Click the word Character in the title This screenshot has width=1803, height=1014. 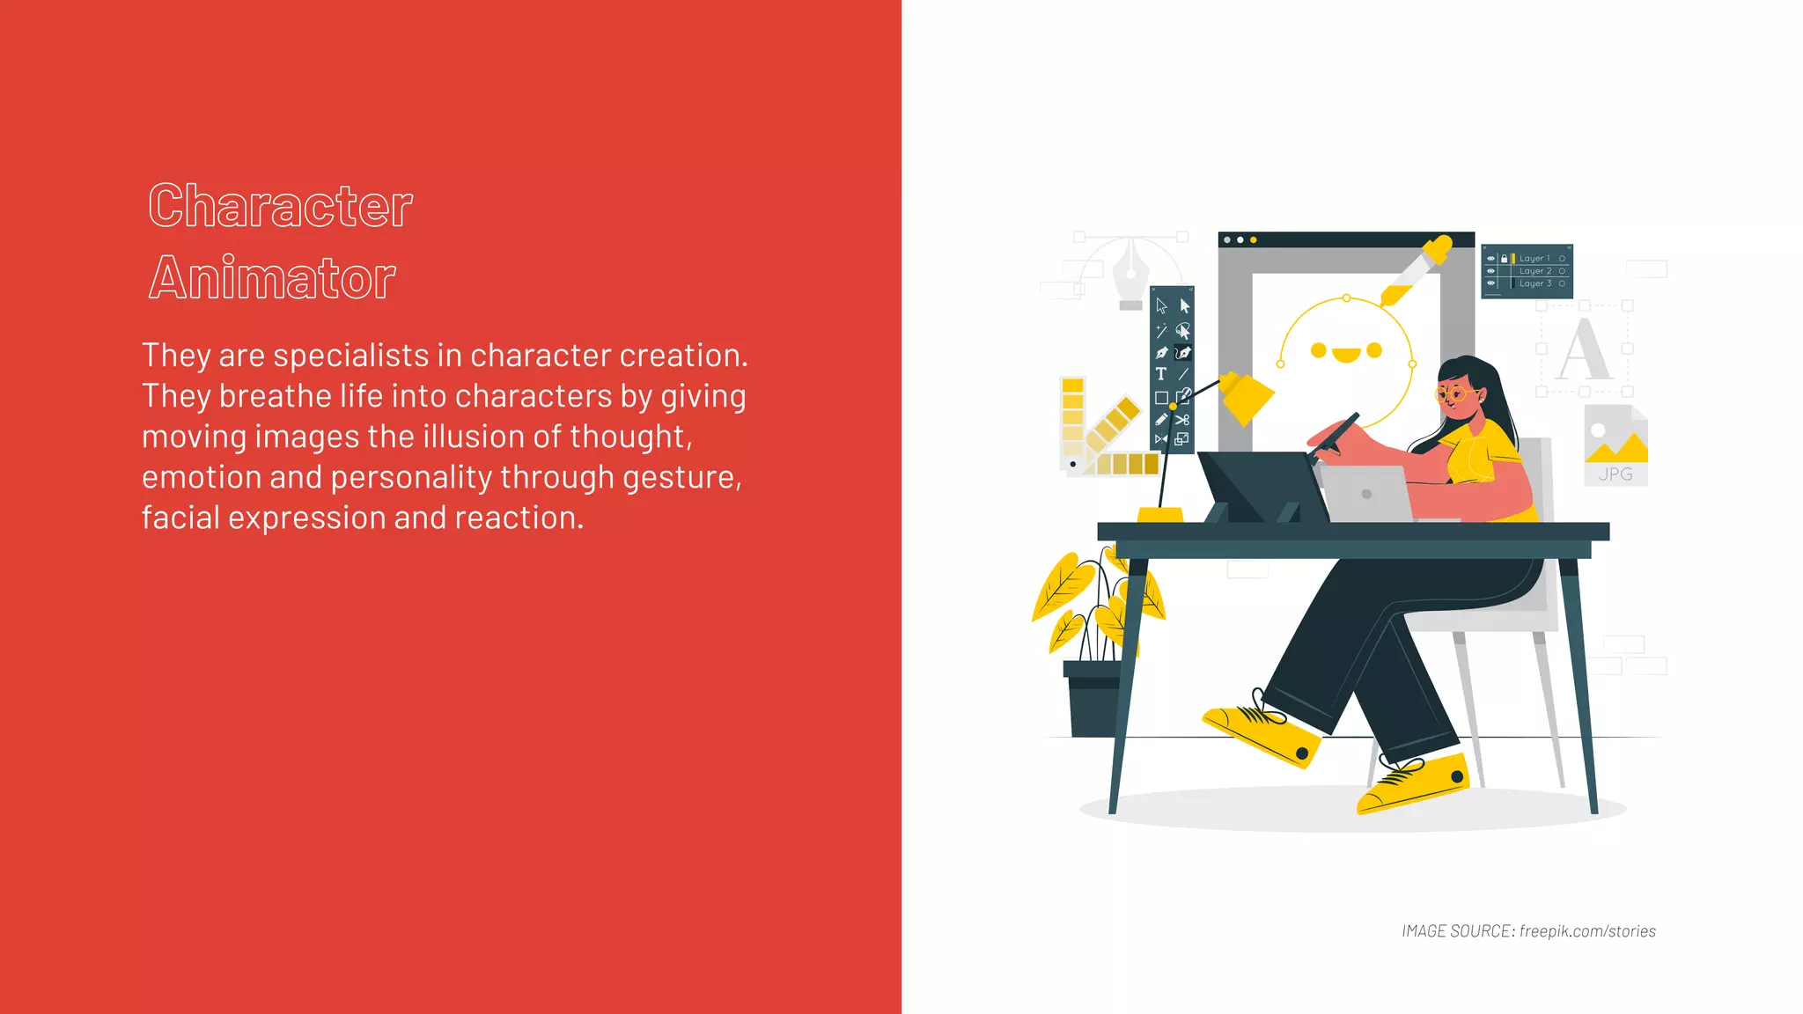(280, 206)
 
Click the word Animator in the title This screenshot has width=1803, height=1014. (272, 278)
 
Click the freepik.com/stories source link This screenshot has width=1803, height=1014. (1586, 931)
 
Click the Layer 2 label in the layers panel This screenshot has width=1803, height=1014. (1534, 271)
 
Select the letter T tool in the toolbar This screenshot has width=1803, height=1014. (1161, 374)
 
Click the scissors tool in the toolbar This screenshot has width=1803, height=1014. (1182, 419)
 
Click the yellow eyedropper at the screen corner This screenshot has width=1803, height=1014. (1417, 268)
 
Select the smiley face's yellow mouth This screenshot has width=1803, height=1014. (1345, 355)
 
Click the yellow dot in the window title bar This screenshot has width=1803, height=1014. (1254, 239)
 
